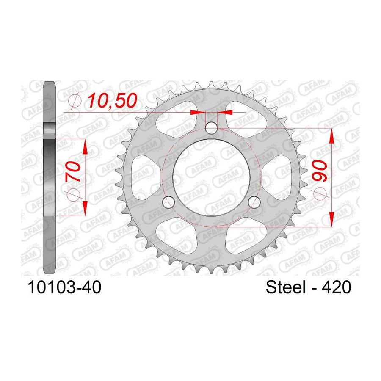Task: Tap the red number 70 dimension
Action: pos(73,172)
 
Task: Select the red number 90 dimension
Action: pos(319,171)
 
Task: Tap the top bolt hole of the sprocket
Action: pos(211,128)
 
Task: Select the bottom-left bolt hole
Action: pos(168,202)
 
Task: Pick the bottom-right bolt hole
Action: pos(254,202)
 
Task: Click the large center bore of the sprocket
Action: pos(212,177)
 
